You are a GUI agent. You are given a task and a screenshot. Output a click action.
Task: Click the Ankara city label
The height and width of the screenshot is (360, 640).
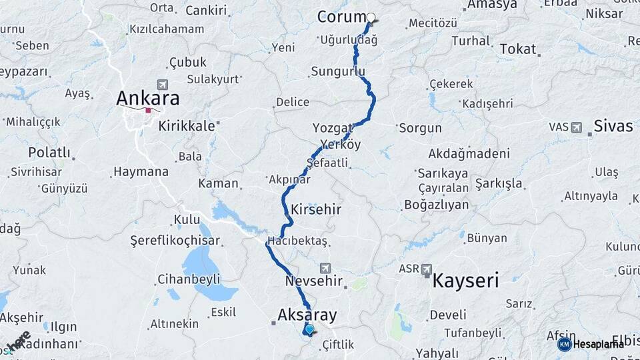click(147, 98)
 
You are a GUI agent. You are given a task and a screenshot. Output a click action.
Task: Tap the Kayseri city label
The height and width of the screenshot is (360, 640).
click(465, 280)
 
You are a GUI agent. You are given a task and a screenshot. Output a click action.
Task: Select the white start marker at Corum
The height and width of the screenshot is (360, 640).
click(371, 18)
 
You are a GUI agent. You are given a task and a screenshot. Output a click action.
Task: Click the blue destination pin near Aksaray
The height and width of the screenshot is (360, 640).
click(309, 329)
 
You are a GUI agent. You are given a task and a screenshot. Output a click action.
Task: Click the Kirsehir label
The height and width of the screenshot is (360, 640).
click(316, 209)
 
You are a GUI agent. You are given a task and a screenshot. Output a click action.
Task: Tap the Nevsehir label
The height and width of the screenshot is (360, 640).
click(313, 281)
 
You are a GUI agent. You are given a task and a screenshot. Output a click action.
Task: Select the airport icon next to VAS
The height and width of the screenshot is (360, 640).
click(576, 127)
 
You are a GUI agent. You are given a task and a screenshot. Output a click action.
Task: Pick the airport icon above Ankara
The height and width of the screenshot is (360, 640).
click(161, 85)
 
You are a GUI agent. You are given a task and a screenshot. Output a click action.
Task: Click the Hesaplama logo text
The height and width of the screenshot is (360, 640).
click(598, 344)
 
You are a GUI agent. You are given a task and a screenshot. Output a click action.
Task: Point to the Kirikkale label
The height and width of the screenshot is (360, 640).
click(186, 125)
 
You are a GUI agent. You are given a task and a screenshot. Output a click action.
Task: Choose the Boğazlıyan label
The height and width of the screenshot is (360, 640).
click(437, 205)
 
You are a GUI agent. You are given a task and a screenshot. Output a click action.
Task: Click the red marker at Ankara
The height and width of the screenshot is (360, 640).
click(148, 110)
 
